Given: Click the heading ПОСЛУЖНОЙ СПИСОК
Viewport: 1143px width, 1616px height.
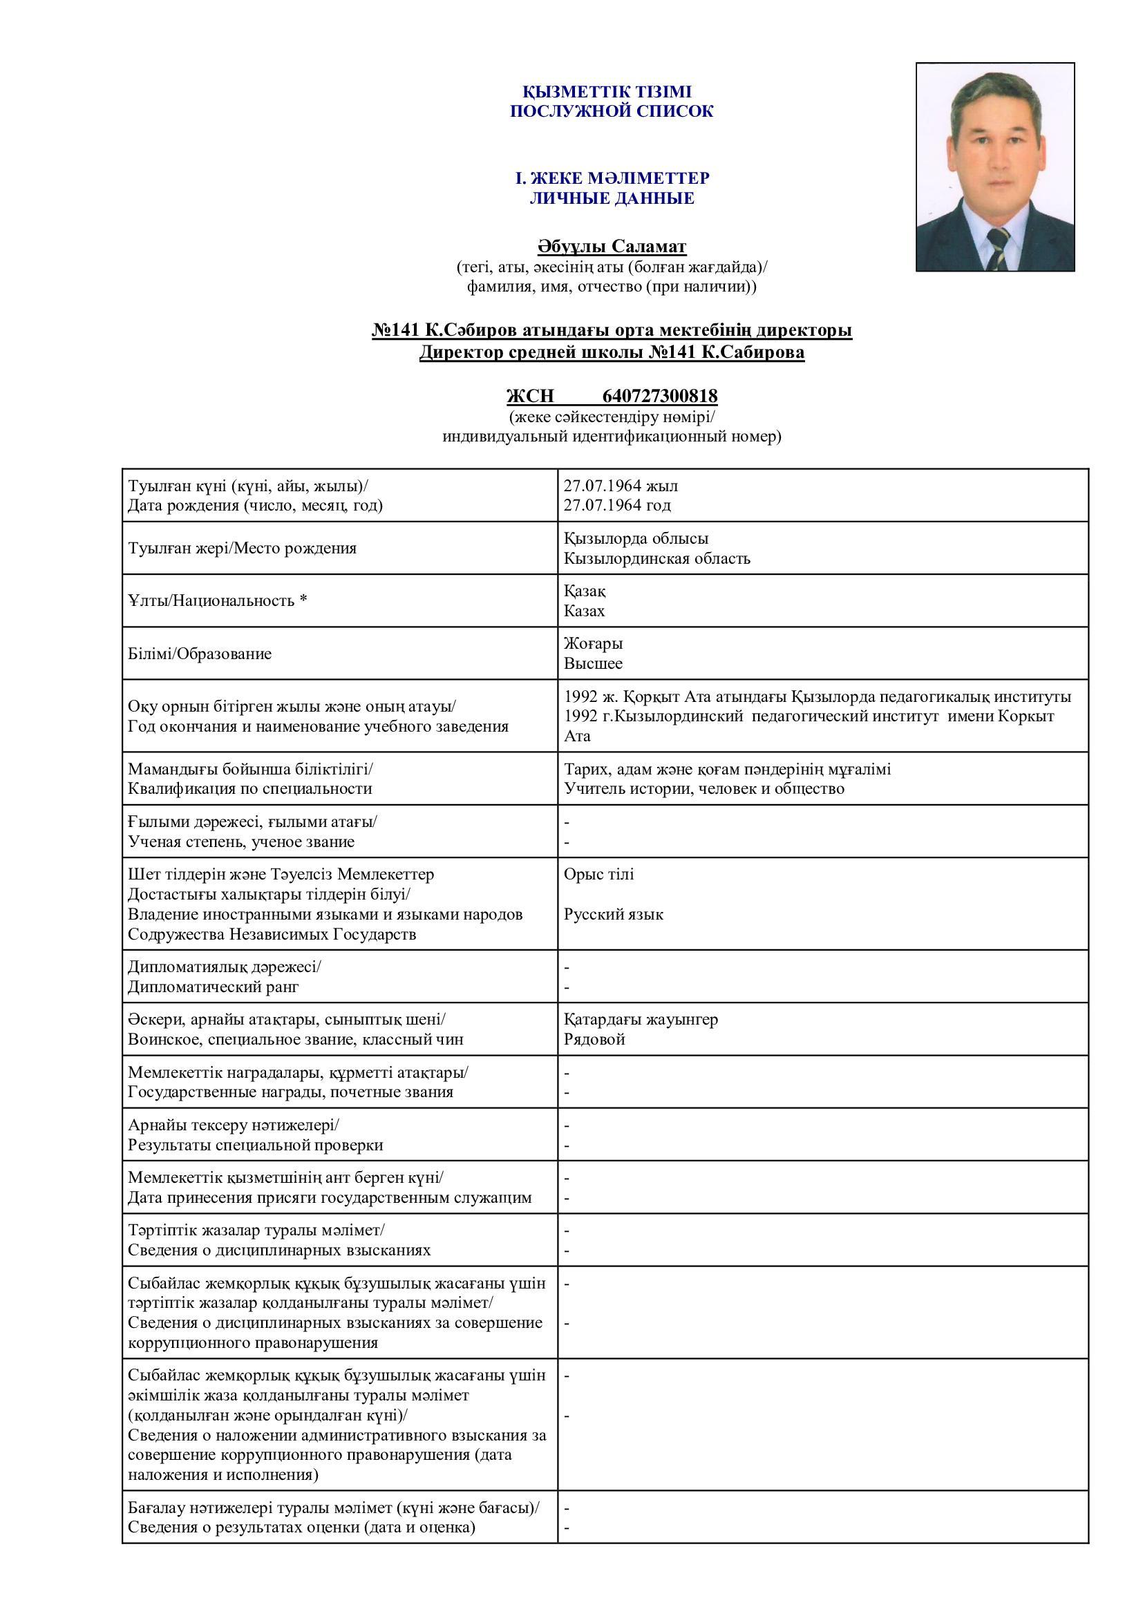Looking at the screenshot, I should [611, 111].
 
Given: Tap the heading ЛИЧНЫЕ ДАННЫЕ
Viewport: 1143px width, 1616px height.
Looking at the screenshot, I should [612, 198].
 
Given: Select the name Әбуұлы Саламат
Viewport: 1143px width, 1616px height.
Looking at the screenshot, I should [612, 247].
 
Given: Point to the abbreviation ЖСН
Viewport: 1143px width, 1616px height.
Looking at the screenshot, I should [530, 396].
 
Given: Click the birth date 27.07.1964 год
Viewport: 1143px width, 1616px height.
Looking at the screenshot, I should [616, 504].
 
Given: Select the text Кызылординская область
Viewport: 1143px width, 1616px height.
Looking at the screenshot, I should [656, 558].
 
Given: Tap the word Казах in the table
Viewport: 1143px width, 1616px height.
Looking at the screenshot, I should [583, 610].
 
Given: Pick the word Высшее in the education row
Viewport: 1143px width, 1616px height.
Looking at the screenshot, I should [593, 663].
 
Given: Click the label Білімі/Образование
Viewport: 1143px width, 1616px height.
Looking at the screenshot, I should [199, 653].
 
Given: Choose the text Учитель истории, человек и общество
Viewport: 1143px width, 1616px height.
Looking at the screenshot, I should [703, 788].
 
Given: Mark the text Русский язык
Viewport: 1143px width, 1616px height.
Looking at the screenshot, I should [613, 914].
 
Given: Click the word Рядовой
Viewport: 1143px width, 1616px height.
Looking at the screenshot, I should [594, 1039].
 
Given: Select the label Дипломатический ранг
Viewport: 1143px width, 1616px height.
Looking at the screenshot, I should [213, 986].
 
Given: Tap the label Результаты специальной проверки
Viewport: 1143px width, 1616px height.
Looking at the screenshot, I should [255, 1144].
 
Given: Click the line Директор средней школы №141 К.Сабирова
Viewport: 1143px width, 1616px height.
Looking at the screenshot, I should [612, 352].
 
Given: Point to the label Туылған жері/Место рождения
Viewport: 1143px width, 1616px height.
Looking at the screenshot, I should [241, 548].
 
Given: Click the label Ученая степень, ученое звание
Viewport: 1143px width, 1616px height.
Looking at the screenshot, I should [240, 842].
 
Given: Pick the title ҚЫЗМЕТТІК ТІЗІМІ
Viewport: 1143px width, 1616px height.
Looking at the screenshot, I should [607, 91].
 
